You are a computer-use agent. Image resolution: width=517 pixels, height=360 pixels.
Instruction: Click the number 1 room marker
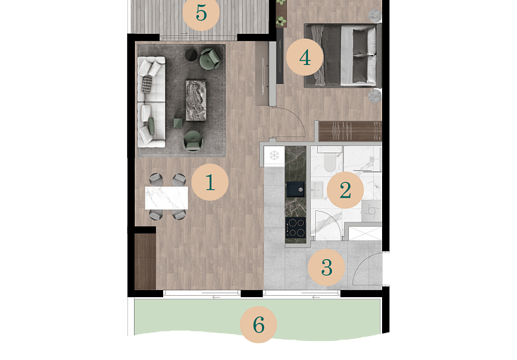click(x=210, y=182)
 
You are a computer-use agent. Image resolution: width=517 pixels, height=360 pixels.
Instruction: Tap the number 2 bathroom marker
click(x=345, y=190)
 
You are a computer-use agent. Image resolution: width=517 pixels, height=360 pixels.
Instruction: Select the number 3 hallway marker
click(x=326, y=268)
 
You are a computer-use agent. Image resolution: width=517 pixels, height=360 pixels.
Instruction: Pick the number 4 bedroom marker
click(x=304, y=57)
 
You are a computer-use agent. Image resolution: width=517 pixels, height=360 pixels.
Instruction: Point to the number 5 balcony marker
click(x=201, y=13)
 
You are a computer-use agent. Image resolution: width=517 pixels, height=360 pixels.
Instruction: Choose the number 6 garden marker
click(x=258, y=325)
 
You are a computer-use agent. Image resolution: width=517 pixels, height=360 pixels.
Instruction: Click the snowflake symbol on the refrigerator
click(x=274, y=155)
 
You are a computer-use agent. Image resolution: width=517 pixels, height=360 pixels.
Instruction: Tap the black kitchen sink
click(x=295, y=189)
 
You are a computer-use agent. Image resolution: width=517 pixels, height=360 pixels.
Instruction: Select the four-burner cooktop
click(x=295, y=227)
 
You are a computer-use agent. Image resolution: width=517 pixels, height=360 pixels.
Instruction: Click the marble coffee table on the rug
click(x=196, y=100)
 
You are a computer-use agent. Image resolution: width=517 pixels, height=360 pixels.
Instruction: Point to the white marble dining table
click(x=167, y=198)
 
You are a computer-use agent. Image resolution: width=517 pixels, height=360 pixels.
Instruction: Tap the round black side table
click(x=191, y=55)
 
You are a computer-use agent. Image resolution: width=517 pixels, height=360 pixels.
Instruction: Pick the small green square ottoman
click(x=178, y=123)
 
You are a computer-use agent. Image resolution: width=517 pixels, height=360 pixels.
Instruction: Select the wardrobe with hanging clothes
click(x=350, y=131)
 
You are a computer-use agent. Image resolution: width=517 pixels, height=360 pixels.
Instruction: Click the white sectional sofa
click(x=151, y=102)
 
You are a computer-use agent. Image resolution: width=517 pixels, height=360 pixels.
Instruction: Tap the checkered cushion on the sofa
click(x=147, y=85)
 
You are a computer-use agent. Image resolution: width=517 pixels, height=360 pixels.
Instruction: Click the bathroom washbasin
click(x=318, y=190)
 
